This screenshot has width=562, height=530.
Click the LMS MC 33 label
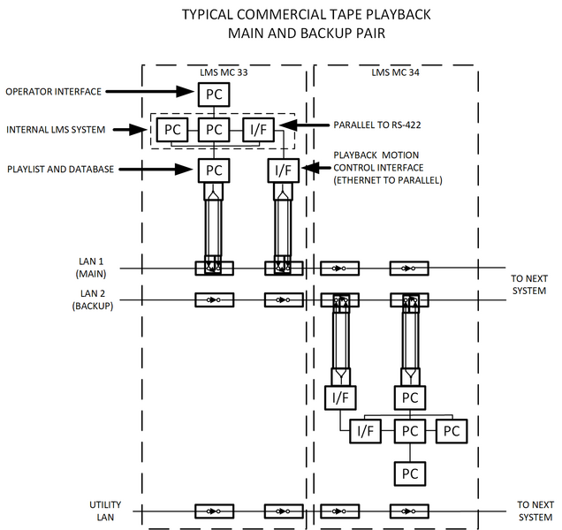(223, 72)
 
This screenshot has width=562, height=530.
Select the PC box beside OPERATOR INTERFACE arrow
(213, 92)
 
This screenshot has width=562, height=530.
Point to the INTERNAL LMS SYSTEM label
(55, 130)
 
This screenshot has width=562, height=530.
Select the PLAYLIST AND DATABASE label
(61, 169)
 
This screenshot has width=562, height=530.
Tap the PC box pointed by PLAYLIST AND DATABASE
(213, 170)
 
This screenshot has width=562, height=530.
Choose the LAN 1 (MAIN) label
(92, 267)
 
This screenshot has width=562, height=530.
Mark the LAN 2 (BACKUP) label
(92, 300)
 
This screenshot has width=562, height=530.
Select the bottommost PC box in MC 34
(409, 473)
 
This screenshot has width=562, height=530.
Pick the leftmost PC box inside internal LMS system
(172, 130)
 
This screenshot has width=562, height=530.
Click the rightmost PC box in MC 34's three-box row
(452, 431)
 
